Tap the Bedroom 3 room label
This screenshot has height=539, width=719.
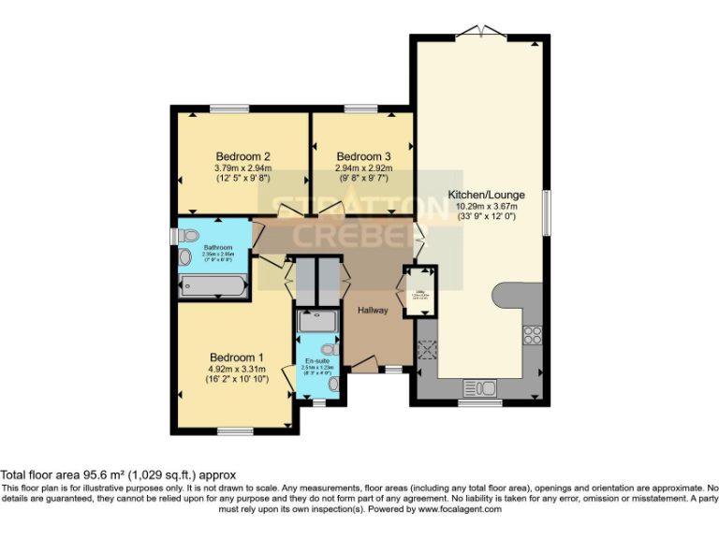tap(363, 156)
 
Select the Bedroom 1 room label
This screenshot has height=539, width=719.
tap(236, 357)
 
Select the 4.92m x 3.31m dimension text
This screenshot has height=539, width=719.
tap(236, 370)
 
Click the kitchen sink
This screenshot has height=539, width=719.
tap(480, 388)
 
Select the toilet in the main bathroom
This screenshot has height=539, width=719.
tap(186, 236)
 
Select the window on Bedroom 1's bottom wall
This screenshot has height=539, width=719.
tap(231, 430)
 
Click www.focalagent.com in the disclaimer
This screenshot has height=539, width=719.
tap(460, 510)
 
